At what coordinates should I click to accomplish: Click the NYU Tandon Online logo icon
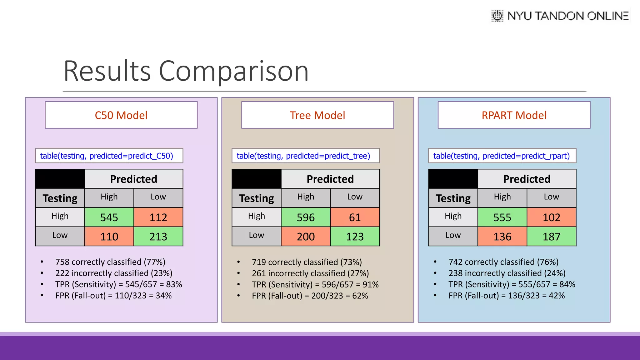(x=497, y=16)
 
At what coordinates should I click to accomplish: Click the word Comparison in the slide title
(x=234, y=71)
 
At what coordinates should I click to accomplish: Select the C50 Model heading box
(x=121, y=115)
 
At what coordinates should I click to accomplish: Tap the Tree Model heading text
(x=317, y=115)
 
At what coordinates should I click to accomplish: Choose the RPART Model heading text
(x=514, y=115)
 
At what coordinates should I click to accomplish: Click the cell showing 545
(x=109, y=217)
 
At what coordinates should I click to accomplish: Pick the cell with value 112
(x=158, y=217)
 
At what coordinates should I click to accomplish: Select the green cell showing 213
(x=158, y=237)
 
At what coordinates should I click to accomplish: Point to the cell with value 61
(x=355, y=217)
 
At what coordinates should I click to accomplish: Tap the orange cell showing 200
(x=306, y=237)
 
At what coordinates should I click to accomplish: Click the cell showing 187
(x=551, y=237)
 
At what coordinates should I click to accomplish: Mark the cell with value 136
(x=502, y=237)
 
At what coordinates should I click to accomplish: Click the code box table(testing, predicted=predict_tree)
(x=305, y=156)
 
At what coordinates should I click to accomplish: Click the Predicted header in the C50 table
(x=133, y=179)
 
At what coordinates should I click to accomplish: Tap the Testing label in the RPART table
(x=453, y=198)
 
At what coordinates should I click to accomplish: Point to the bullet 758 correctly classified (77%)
(x=110, y=262)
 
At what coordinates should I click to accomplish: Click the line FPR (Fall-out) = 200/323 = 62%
(x=310, y=296)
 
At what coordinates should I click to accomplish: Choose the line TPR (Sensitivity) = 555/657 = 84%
(x=512, y=284)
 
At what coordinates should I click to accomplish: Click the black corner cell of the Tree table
(x=256, y=179)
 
